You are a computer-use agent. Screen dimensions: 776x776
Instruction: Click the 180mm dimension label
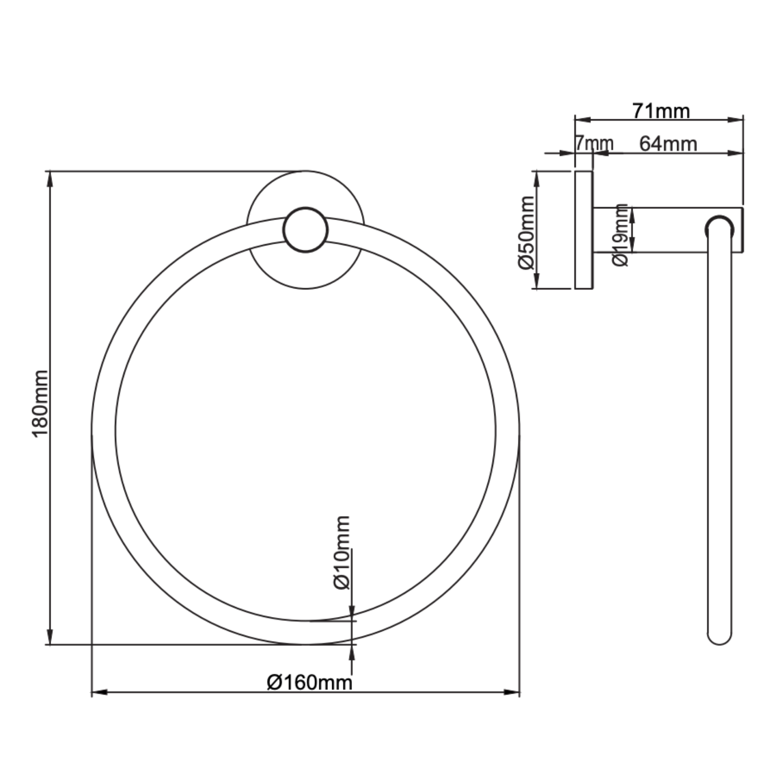[41, 404]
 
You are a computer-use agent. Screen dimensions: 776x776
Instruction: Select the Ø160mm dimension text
[309, 682]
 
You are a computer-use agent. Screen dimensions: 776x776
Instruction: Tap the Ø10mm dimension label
[342, 552]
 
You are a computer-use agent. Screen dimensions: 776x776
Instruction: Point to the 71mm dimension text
[661, 112]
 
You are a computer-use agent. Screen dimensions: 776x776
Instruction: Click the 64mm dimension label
[668, 143]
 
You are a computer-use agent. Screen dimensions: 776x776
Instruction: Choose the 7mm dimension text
[594, 143]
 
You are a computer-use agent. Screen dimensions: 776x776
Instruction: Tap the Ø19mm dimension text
[620, 235]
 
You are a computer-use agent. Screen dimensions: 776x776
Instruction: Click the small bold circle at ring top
[305, 229]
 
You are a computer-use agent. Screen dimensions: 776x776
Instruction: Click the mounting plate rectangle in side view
[583, 230]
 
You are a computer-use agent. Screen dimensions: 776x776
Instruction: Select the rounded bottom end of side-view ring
[719, 638]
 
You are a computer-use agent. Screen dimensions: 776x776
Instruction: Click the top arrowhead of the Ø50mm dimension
[536, 178]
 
